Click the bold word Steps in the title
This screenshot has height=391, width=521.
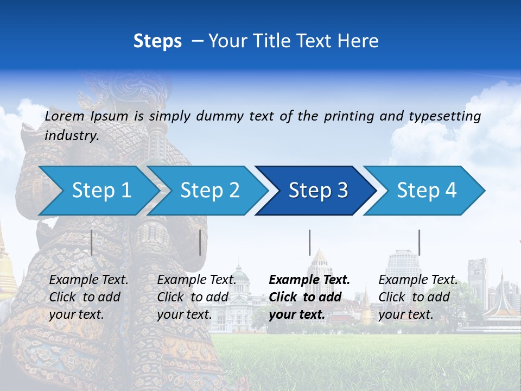tap(157, 41)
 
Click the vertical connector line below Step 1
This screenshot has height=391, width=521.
tap(92, 242)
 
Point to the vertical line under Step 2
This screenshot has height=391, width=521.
tap(200, 242)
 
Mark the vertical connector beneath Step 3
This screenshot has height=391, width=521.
tap(309, 242)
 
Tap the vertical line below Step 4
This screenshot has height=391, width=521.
tap(419, 242)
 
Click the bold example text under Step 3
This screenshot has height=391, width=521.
tap(308, 297)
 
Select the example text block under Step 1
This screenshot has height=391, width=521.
tap(88, 297)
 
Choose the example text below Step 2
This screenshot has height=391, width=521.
tap(196, 297)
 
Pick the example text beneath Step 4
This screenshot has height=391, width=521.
tap(417, 297)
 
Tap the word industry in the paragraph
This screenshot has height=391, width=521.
tap(71, 136)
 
